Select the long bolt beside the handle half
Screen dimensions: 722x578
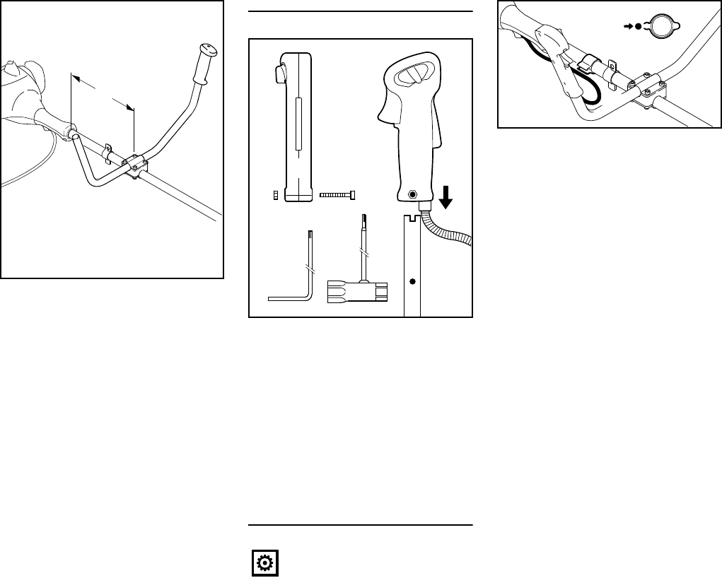pos(338,195)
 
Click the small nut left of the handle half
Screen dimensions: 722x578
pos(275,196)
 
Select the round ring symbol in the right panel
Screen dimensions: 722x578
pos(660,26)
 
